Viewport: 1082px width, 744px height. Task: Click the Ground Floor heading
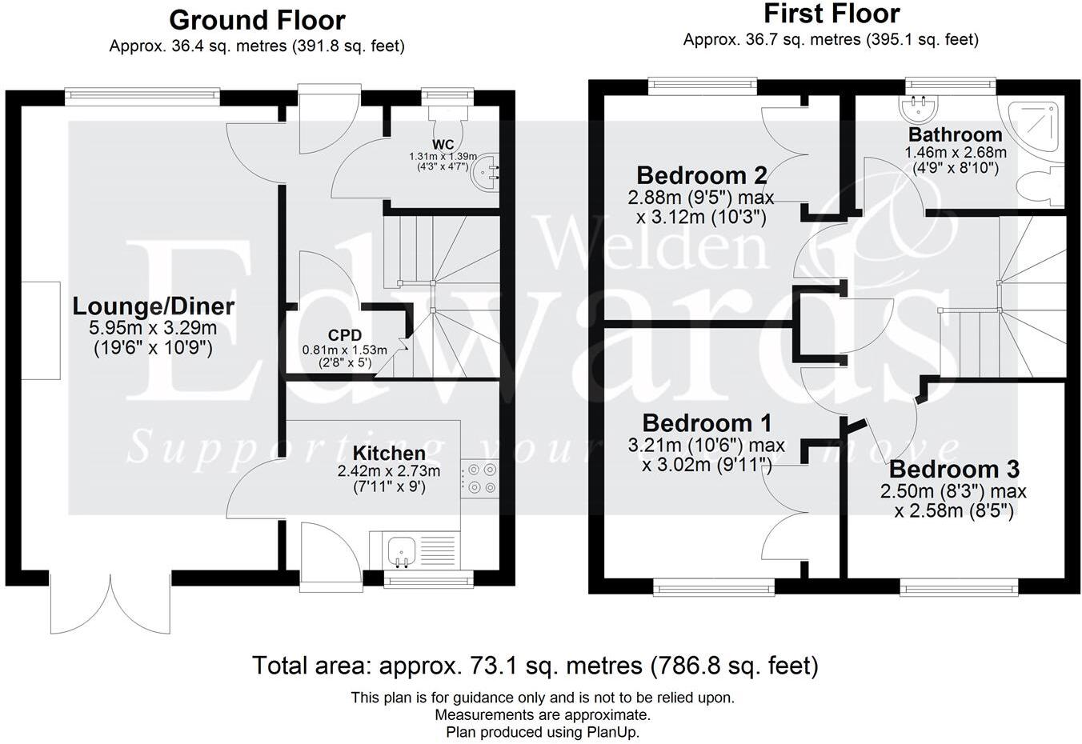coord(257,20)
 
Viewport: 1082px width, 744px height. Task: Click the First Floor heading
coord(832,14)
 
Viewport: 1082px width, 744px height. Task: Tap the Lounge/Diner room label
coord(154,306)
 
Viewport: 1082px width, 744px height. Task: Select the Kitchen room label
coord(389,453)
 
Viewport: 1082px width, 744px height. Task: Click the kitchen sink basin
coord(401,551)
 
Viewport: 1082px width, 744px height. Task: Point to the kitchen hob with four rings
coord(480,478)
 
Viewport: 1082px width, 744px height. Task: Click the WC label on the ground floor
coord(443,144)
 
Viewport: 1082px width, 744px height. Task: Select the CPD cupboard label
coord(344,334)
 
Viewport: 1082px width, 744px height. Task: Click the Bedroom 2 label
coord(702,175)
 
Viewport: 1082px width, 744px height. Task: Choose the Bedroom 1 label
coord(707,423)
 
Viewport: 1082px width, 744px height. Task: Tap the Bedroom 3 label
coord(954,469)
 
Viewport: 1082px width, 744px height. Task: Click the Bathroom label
coord(955,134)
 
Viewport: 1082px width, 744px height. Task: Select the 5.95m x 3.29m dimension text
coord(153,328)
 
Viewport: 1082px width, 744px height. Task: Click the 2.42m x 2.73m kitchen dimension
coord(389,470)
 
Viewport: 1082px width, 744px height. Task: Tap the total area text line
coord(535,666)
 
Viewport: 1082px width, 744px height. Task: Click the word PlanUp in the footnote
coord(612,732)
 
